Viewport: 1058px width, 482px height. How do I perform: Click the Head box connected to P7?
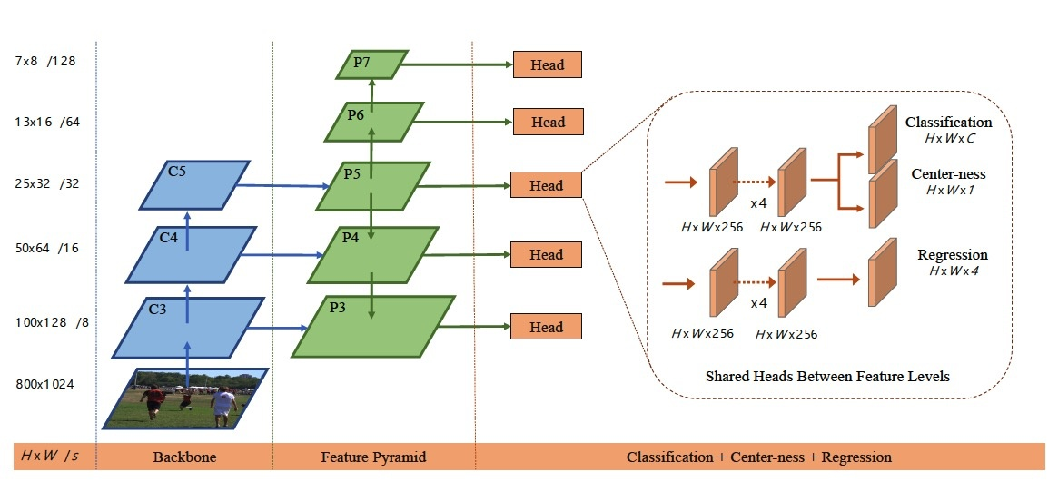point(547,64)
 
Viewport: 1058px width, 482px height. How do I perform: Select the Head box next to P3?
point(547,327)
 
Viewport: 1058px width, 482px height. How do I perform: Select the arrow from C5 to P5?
point(282,186)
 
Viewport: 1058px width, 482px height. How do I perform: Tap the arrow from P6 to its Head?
point(463,121)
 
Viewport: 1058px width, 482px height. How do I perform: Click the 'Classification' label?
point(948,122)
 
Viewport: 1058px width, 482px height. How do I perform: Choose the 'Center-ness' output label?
point(948,174)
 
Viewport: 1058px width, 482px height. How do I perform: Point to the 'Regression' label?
point(952,255)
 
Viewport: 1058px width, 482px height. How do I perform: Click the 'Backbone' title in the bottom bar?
point(184,456)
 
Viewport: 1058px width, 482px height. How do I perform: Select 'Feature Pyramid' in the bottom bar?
point(373,456)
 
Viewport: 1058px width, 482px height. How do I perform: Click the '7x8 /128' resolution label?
point(45,61)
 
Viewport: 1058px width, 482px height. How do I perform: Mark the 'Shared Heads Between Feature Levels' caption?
point(827,375)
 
